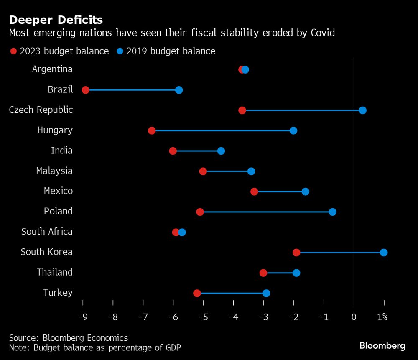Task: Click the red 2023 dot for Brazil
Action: pyautogui.click(x=86, y=90)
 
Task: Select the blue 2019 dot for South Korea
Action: pyautogui.click(x=384, y=253)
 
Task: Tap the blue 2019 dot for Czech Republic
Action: pyautogui.click(x=363, y=110)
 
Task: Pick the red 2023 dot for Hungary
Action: pyautogui.click(x=152, y=131)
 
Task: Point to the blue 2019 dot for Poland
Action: pyautogui.click(x=332, y=212)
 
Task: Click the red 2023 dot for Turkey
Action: pyautogui.click(x=197, y=293)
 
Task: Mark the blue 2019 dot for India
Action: pyautogui.click(x=221, y=151)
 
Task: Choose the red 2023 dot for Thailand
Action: pyautogui.click(x=263, y=273)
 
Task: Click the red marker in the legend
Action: pyautogui.click(x=13, y=51)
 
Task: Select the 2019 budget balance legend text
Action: pyautogui.click(x=171, y=51)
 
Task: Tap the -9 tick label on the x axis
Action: pyautogui.click(x=83, y=317)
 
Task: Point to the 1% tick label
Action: pyautogui.click(x=382, y=317)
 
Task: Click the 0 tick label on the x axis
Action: pyautogui.click(x=354, y=317)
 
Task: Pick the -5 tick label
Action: pyautogui.click(x=203, y=317)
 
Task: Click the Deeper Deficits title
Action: pyautogui.click(x=56, y=20)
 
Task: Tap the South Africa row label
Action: pyautogui.click(x=47, y=232)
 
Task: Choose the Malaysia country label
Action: pyautogui.click(x=54, y=171)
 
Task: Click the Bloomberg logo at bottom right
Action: pyautogui.click(x=382, y=346)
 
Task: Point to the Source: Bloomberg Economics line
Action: pyautogui.click(x=69, y=338)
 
